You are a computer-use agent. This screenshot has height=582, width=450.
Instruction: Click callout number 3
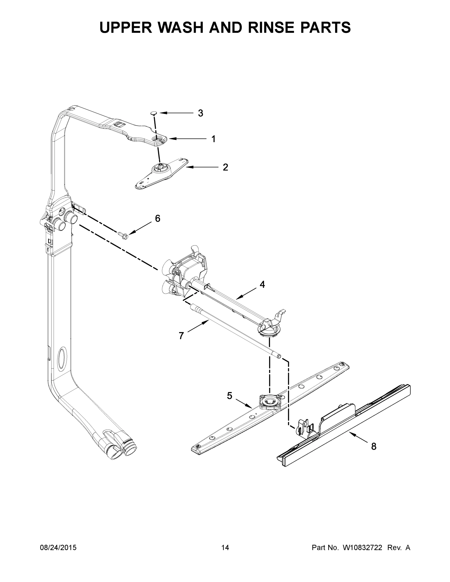(200, 113)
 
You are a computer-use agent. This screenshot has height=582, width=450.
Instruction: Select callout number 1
(213, 139)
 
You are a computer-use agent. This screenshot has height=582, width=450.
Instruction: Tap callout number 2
(225, 167)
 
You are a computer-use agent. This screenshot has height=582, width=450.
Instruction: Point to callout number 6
(157, 218)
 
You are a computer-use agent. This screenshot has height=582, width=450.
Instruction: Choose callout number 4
(262, 285)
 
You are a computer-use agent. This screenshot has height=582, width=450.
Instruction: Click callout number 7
(181, 336)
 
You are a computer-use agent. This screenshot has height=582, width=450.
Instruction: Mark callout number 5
(229, 396)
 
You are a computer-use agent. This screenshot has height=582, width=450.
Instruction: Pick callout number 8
(374, 446)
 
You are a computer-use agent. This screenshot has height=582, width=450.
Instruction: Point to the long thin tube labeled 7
(235, 331)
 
